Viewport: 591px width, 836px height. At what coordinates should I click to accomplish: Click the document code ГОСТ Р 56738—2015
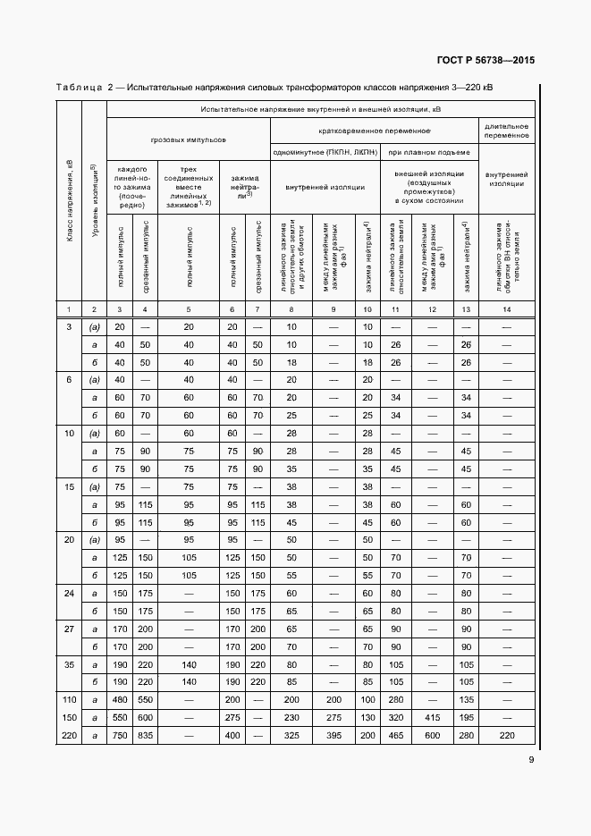coord(486,61)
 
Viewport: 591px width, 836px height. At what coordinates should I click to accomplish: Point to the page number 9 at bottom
coord(531,761)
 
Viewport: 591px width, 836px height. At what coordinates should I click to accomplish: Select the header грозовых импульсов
coord(188,140)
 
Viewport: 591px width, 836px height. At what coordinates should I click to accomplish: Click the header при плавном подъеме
coord(430,152)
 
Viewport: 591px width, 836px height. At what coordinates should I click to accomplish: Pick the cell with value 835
coord(145,735)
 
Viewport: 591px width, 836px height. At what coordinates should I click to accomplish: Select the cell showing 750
coord(119,735)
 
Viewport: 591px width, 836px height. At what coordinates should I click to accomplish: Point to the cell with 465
coord(394,735)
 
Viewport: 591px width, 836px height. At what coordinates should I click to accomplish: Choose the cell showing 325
coord(291,735)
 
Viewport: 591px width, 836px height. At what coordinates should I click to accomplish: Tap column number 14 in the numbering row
coord(507,308)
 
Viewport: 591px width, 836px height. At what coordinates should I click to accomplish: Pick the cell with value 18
coord(291,362)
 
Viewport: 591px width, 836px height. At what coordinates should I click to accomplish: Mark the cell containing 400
coord(232,735)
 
